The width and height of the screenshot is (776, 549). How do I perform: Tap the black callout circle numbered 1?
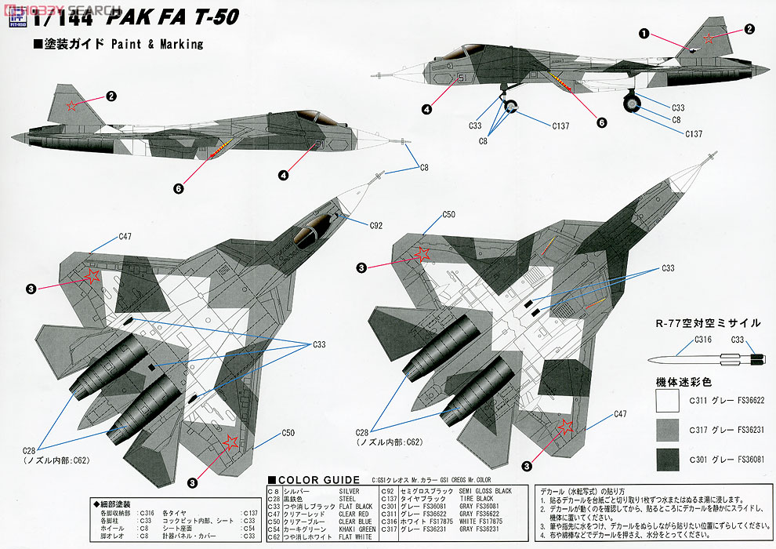[644, 34]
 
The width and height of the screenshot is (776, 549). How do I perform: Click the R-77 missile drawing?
[705, 360]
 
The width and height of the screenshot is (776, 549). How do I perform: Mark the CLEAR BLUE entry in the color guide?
[355, 521]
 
